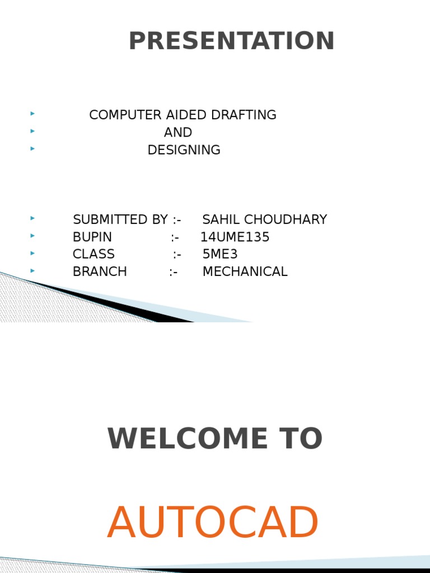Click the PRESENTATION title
point(232,41)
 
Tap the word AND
point(178,133)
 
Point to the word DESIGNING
point(184,150)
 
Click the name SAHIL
point(221,219)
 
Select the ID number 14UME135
point(235,237)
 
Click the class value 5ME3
point(220,254)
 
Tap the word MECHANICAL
point(245,272)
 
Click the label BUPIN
point(92,237)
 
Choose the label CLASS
point(94,254)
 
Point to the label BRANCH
point(100,272)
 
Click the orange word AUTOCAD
point(213,523)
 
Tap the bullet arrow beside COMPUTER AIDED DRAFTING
point(33,114)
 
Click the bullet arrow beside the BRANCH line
point(33,270)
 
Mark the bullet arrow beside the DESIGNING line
point(33,148)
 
